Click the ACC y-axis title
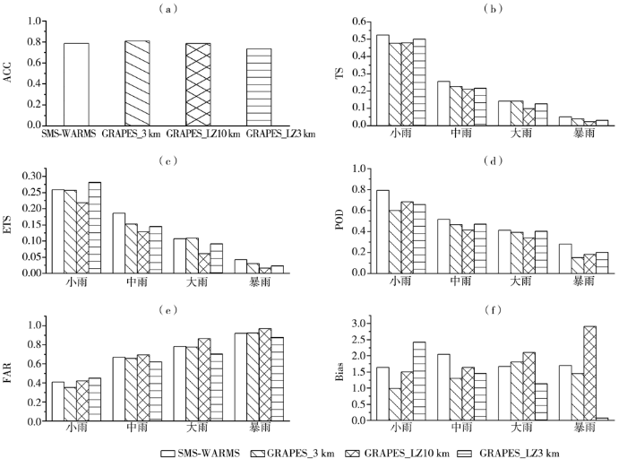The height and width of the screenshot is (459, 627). (8, 72)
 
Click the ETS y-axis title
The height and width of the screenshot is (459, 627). (8, 224)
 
